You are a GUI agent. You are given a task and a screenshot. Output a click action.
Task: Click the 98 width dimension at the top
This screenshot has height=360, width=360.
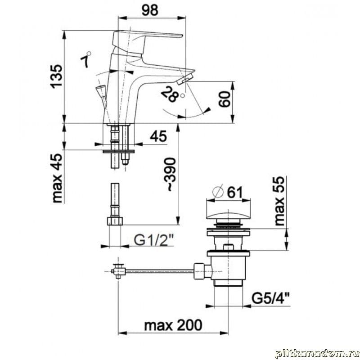(x=150, y=10)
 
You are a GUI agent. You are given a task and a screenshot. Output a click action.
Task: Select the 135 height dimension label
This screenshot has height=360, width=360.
(x=57, y=76)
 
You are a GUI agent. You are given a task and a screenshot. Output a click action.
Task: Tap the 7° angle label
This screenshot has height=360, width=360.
(x=85, y=60)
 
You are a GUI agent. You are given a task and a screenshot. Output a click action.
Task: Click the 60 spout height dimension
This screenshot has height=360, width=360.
(x=224, y=99)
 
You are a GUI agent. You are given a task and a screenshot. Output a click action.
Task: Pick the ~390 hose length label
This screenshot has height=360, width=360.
(x=171, y=175)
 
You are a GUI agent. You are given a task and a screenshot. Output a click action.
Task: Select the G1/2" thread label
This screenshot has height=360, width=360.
(x=153, y=240)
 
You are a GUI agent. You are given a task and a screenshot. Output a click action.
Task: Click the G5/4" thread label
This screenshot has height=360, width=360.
(x=270, y=298)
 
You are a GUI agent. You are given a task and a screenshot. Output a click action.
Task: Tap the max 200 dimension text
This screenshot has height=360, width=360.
(x=173, y=325)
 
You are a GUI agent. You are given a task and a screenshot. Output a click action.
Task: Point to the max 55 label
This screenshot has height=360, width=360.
(x=279, y=201)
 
